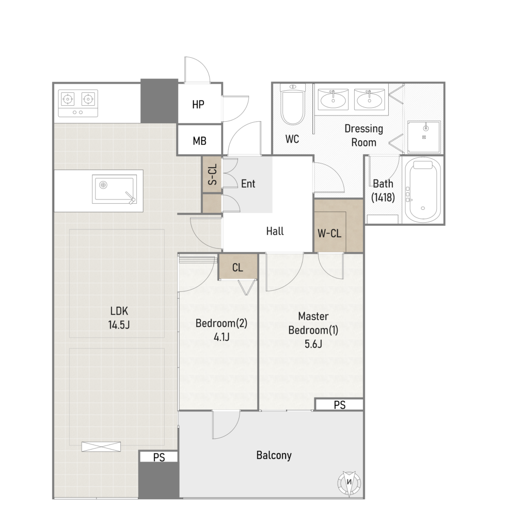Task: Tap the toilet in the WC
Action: point(293,105)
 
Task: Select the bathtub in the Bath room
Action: point(423,191)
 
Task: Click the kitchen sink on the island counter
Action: point(115,189)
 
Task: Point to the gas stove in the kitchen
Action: point(78,103)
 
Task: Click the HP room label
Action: point(198,105)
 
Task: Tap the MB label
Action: point(200,141)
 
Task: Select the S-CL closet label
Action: point(213,174)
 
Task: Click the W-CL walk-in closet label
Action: point(329,233)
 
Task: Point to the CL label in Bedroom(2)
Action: point(238,268)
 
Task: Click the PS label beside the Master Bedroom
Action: point(340,405)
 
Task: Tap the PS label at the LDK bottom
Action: point(159,457)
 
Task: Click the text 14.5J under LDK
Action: point(119,325)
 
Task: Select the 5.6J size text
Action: point(313,344)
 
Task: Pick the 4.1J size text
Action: point(222,337)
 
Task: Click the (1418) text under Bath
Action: point(383,197)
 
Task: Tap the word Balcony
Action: point(274,456)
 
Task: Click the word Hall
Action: point(275,232)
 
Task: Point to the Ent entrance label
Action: point(248,184)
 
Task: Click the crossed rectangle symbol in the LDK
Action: point(101,447)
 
